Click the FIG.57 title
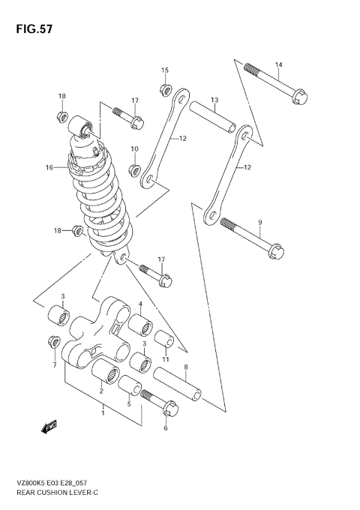point(31,28)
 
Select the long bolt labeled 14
point(274,81)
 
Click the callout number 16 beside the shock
point(49,167)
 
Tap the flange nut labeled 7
point(54,342)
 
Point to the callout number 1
point(103,412)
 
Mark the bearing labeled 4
point(140,326)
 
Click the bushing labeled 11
point(166,346)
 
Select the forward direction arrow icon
point(50,427)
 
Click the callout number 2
point(101,390)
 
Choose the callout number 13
point(214,100)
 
